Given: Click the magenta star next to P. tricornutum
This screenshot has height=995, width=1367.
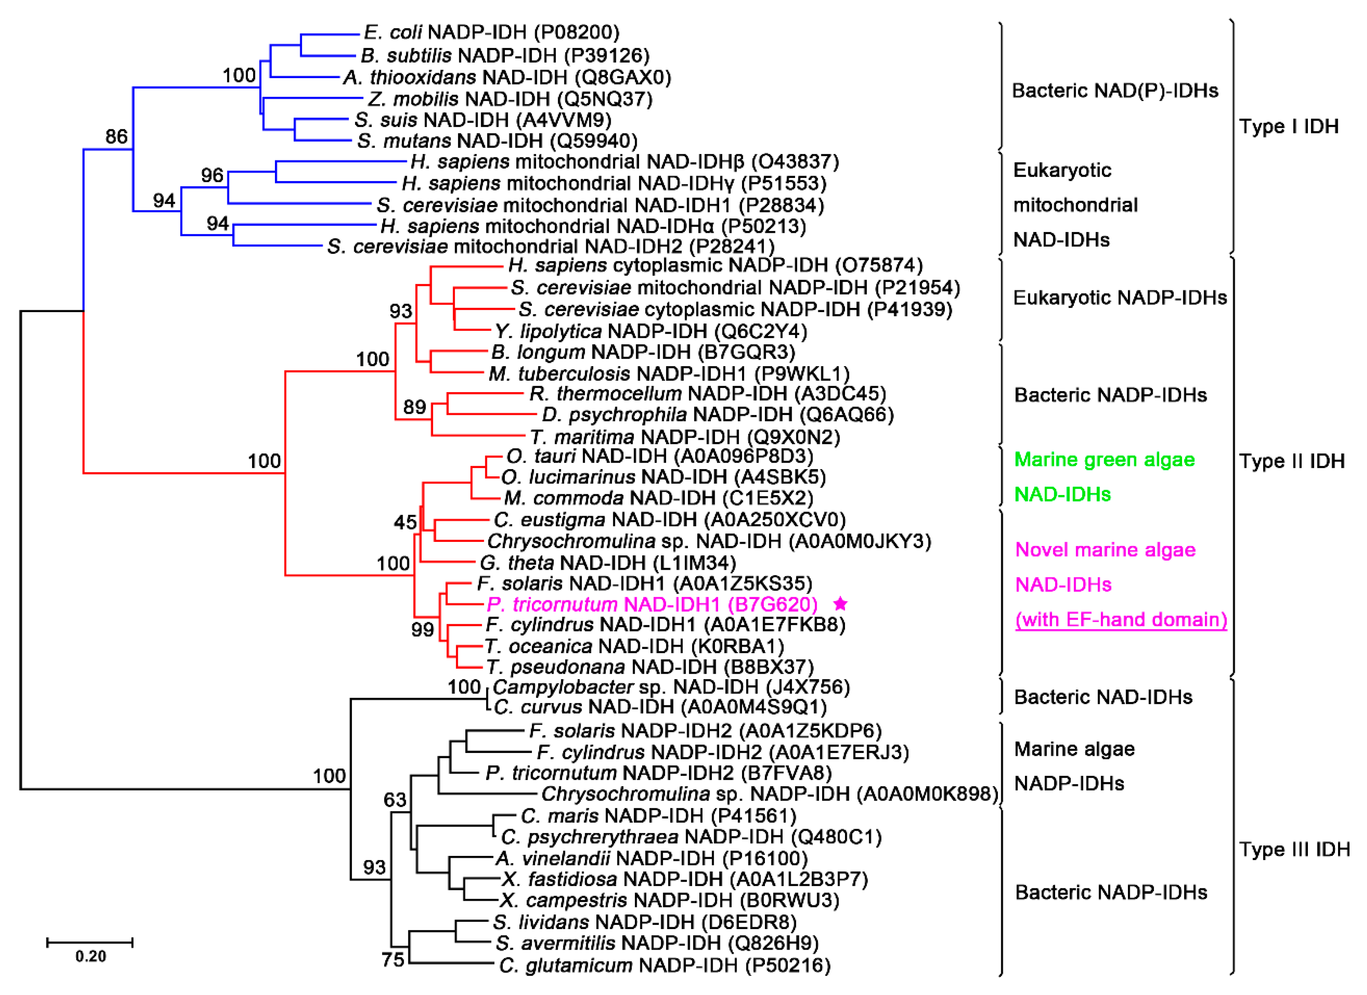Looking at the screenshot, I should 840,604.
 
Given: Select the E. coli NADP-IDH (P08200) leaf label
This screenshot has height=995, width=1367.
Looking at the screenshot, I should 491,32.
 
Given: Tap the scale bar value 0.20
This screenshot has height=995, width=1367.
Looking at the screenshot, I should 90,957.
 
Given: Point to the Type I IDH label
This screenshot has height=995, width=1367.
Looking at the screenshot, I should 1289,127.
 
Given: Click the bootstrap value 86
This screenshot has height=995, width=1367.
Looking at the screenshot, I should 116,137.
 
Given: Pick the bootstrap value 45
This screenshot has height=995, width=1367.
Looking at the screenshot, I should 405,522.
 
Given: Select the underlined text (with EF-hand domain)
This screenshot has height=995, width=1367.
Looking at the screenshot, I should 1121,620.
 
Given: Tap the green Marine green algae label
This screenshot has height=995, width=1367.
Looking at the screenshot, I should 1104,460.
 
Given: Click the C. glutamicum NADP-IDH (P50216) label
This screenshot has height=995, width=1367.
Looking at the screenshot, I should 665,966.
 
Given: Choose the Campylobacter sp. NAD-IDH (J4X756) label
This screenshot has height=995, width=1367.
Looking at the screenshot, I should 671,687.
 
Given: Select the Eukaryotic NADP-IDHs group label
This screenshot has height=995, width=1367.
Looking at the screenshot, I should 1120,298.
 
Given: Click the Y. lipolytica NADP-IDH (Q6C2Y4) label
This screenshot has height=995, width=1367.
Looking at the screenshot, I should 651,331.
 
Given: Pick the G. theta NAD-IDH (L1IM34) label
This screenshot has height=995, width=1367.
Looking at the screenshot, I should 607,563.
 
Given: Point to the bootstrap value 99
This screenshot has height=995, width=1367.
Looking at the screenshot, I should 422,630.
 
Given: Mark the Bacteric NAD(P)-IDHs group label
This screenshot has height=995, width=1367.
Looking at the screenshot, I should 1115,91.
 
